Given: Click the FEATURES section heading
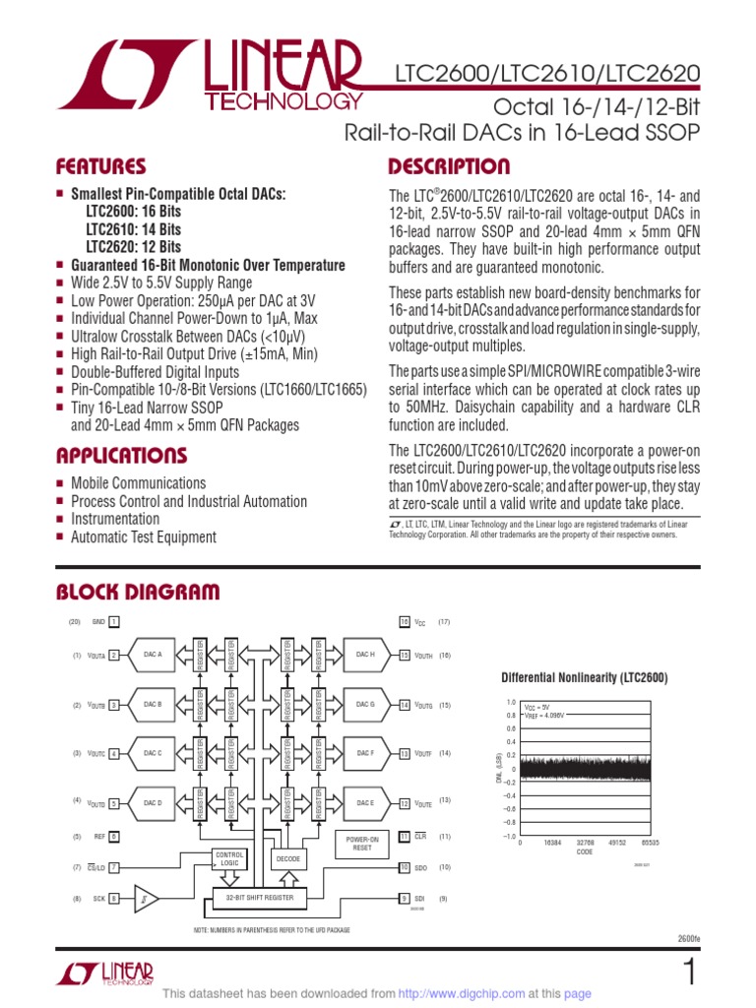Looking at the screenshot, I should [x=100, y=166].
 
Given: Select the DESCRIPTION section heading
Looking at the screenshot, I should [x=449, y=166].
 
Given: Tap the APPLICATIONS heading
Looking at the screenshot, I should [x=121, y=456].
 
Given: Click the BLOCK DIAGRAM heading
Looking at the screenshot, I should [x=137, y=592].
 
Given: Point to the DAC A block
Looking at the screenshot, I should [x=153, y=655].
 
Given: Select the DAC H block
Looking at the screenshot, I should [x=365, y=655].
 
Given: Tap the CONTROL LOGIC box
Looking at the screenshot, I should [x=228, y=858].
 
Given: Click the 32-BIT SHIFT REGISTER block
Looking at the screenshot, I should [x=261, y=898].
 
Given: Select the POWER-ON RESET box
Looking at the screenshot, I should [x=362, y=844].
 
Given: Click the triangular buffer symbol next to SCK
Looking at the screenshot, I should [x=144, y=898].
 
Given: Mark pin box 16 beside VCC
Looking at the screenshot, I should [x=404, y=622].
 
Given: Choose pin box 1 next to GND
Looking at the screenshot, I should [x=114, y=622].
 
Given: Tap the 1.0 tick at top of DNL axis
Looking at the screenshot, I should [x=510, y=703].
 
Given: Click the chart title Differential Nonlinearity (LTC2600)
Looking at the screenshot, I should [x=585, y=678].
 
